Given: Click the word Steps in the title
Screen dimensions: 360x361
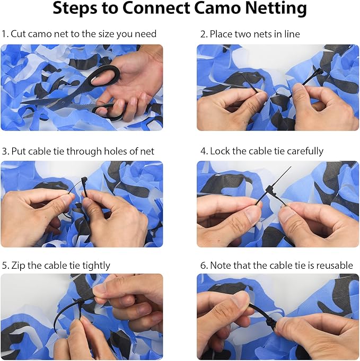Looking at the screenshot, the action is tap(75, 9).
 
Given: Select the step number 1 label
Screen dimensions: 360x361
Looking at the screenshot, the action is tap(5, 34).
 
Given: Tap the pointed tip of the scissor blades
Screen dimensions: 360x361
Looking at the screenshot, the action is tap(21, 102).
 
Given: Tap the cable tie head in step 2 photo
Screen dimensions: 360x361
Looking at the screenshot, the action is tap(319, 72).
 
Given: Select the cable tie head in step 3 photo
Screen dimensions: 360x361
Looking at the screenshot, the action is tap(84, 180).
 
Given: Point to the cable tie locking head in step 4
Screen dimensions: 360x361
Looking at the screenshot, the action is tap(271, 189).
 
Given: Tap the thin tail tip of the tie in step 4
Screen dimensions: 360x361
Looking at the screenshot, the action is tap(291, 166).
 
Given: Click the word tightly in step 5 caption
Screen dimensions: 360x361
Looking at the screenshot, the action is tap(96, 266).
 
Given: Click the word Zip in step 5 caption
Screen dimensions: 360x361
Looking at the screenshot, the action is tap(18, 266).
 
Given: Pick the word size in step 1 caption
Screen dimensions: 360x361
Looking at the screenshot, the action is tap(106, 34).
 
